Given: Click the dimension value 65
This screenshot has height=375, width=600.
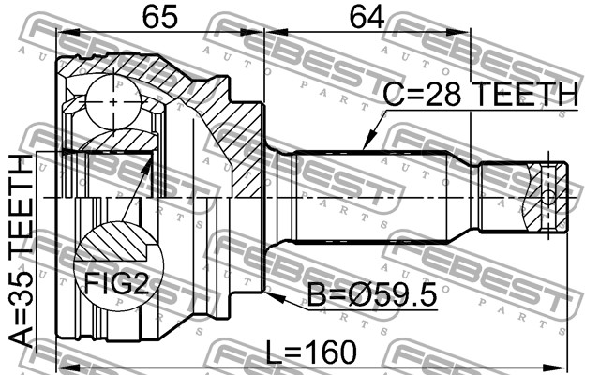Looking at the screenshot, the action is (159, 17).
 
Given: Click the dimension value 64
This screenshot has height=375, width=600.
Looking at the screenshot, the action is (367, 17).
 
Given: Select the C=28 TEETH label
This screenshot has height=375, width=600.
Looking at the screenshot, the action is (480, 94).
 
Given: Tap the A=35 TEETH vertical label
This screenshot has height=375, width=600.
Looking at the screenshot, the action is (21, 251).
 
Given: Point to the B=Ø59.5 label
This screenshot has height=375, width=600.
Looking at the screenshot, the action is (372, 294).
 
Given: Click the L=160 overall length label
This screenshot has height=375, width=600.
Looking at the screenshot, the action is (311, 352).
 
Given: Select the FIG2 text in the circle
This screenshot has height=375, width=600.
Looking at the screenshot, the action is (116, 283).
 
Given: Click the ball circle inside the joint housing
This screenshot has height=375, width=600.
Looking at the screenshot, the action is (113, 102).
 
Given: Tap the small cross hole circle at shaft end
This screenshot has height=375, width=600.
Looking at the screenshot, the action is (548, 198).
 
